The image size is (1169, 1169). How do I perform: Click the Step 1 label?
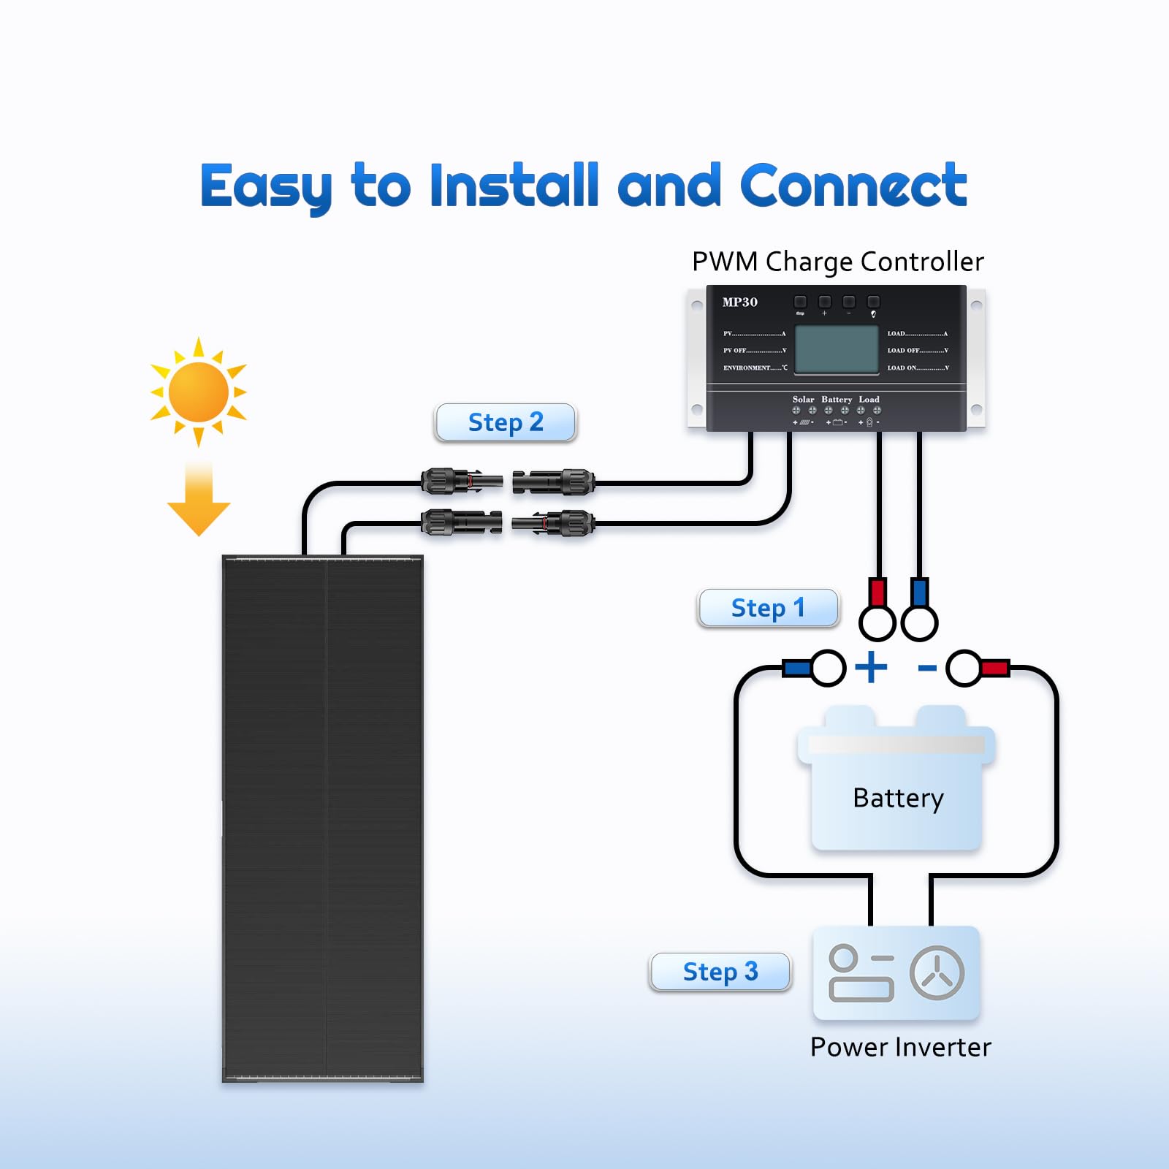coord(767,608)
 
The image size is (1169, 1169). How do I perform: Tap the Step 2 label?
coord(506,422)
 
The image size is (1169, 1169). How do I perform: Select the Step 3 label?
coord(720,972)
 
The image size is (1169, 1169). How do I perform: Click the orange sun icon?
coord(198,392)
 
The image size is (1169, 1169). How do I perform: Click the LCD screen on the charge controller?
coord(836,350)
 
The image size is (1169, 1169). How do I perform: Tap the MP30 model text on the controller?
coord(739,302)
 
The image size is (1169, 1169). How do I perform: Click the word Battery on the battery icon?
coord(898,798)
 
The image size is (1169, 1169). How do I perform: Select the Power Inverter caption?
coord(900,1047)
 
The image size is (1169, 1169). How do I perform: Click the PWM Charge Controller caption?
coord(837,262)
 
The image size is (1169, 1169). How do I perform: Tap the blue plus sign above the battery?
coord(871,667)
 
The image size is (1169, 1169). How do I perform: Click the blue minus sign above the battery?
coord(927,668)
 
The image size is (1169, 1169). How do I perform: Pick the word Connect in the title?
coord(853,186)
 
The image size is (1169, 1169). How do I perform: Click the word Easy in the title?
coord(266,187)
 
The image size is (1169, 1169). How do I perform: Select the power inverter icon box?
coord(896,972)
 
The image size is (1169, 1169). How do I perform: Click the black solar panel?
coord(322,818)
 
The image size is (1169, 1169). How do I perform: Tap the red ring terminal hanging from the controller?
coord(877,611)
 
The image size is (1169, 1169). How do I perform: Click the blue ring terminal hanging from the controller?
coord(919,611)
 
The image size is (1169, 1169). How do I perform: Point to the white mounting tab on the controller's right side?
coord(976,358)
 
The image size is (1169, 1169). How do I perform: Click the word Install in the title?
coord(514,186)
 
